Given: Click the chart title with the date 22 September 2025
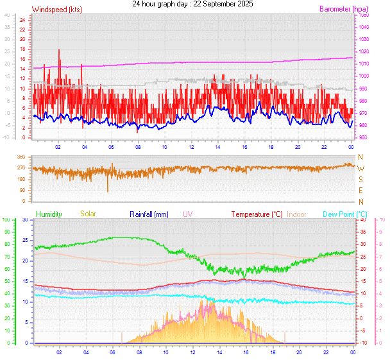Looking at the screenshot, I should (192, 4).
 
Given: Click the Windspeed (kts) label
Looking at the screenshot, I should (57, 10).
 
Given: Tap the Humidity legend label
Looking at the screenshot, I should (49, 214).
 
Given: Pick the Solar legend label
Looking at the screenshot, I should (88, 214).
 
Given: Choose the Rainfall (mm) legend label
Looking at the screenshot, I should (149, 214).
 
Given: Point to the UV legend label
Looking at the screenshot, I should (187, 214).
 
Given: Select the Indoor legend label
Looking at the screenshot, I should (297, 214).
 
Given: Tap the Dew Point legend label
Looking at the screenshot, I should (345, 214).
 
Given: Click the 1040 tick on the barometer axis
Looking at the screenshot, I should (364, 27).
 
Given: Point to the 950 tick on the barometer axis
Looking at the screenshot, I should (363, 137).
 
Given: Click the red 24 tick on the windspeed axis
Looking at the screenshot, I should (22, 20).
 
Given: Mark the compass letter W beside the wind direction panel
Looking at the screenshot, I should (360, 168).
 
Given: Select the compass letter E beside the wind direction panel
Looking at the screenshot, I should (360, 191).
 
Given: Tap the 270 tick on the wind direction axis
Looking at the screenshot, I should (21, 168).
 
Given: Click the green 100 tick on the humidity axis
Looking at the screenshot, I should (6, 220).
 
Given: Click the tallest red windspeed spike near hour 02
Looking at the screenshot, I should (59, 50).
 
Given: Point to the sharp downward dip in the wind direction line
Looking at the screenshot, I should (108, 191).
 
